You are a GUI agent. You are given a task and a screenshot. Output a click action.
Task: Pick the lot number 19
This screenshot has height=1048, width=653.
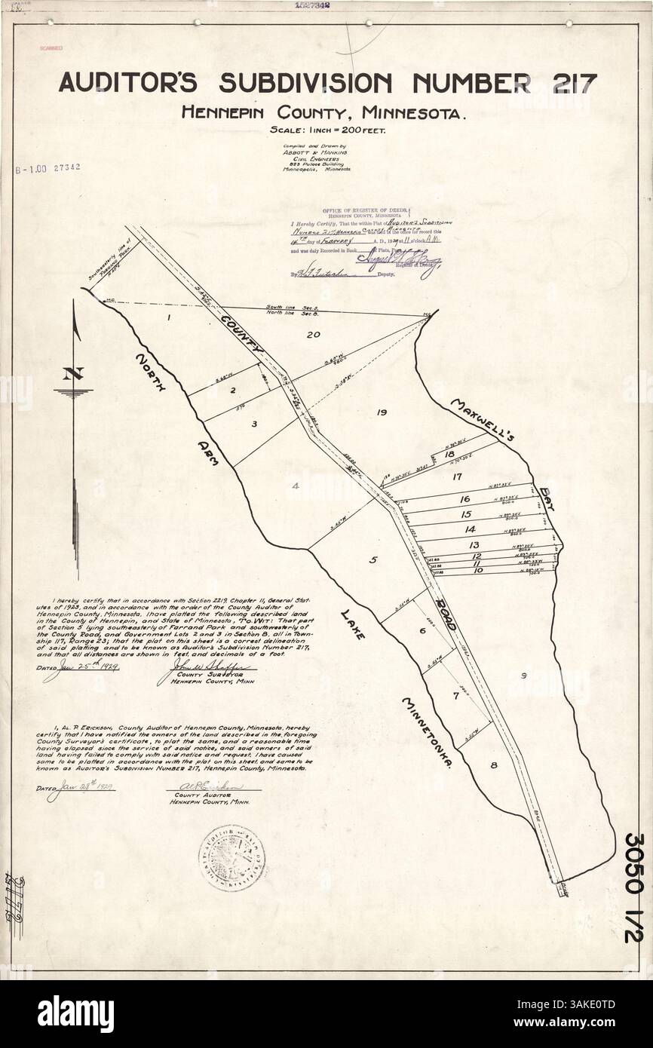point(380,412)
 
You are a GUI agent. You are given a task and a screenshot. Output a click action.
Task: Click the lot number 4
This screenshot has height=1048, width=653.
point(296,486)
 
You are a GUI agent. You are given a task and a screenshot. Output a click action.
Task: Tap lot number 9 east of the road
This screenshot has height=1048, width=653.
point(523,675)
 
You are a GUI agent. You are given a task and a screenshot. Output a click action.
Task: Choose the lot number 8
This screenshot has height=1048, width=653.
point(494,766)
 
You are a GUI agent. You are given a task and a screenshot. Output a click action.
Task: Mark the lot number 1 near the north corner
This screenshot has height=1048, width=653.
point(170,317)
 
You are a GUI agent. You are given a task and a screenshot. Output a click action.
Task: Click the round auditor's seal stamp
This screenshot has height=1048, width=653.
point(231,857)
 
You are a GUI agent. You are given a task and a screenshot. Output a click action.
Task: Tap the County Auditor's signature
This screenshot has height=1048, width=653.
point(213,786)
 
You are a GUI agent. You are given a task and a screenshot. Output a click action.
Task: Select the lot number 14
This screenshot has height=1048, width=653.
point(471,529)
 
